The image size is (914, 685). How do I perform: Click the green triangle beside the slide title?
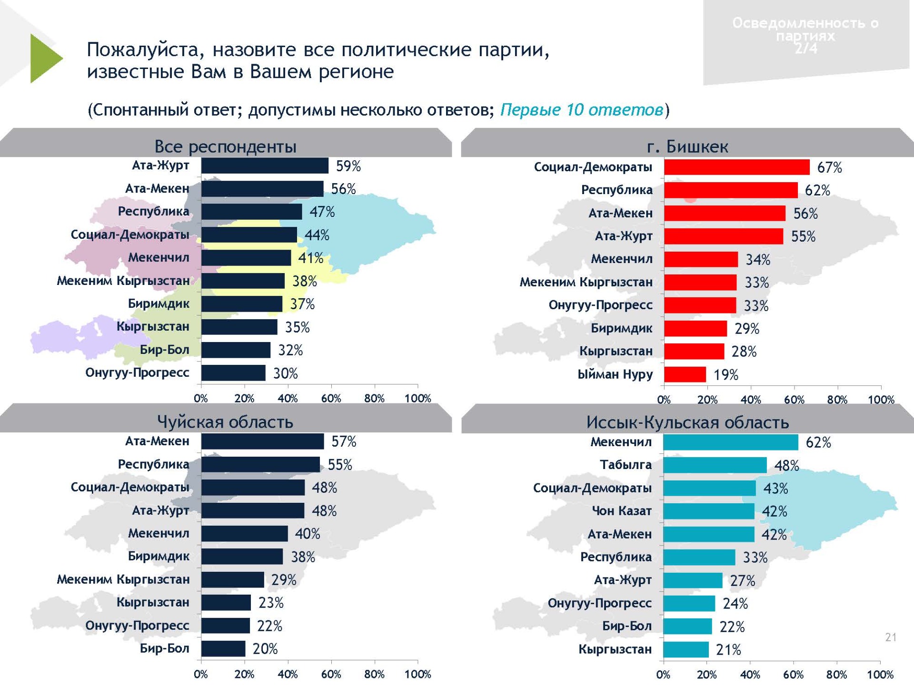click(x=44, y=59)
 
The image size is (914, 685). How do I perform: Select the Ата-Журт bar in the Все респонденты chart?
click(x=265, y=166)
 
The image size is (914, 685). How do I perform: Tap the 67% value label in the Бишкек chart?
click(x=829, y=167)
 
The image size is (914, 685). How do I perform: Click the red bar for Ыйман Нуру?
click(x=685, y=374)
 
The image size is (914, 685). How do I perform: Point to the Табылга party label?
click(x=626, y=465)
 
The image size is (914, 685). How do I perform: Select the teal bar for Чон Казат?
click(x=708, y=511)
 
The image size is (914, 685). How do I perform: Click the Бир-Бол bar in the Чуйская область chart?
click(x=223, y=648)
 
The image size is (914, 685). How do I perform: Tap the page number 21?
click(x=891, y=637)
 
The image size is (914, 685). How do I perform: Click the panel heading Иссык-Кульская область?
click(x=687, y=422)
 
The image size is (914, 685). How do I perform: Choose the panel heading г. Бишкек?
click(x=687, y=147)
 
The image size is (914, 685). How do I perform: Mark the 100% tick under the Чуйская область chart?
click(x=417, y=674)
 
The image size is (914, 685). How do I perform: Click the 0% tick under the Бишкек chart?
click(x=664, y=400)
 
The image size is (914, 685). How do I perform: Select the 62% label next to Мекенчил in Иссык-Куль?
click(x=818, y=442)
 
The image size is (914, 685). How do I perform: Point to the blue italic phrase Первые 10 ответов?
click(x=581, y=110)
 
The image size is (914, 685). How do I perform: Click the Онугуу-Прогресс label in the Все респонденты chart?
click(x=137, y=372)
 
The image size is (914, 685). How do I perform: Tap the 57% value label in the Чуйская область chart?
click(x=344, y=441)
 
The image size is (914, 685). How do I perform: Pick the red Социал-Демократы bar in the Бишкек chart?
click(x=736, y=167)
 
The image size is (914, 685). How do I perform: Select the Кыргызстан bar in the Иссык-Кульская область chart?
click(x=685, y=649)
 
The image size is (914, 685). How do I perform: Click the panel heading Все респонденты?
click(x=225, y=147)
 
